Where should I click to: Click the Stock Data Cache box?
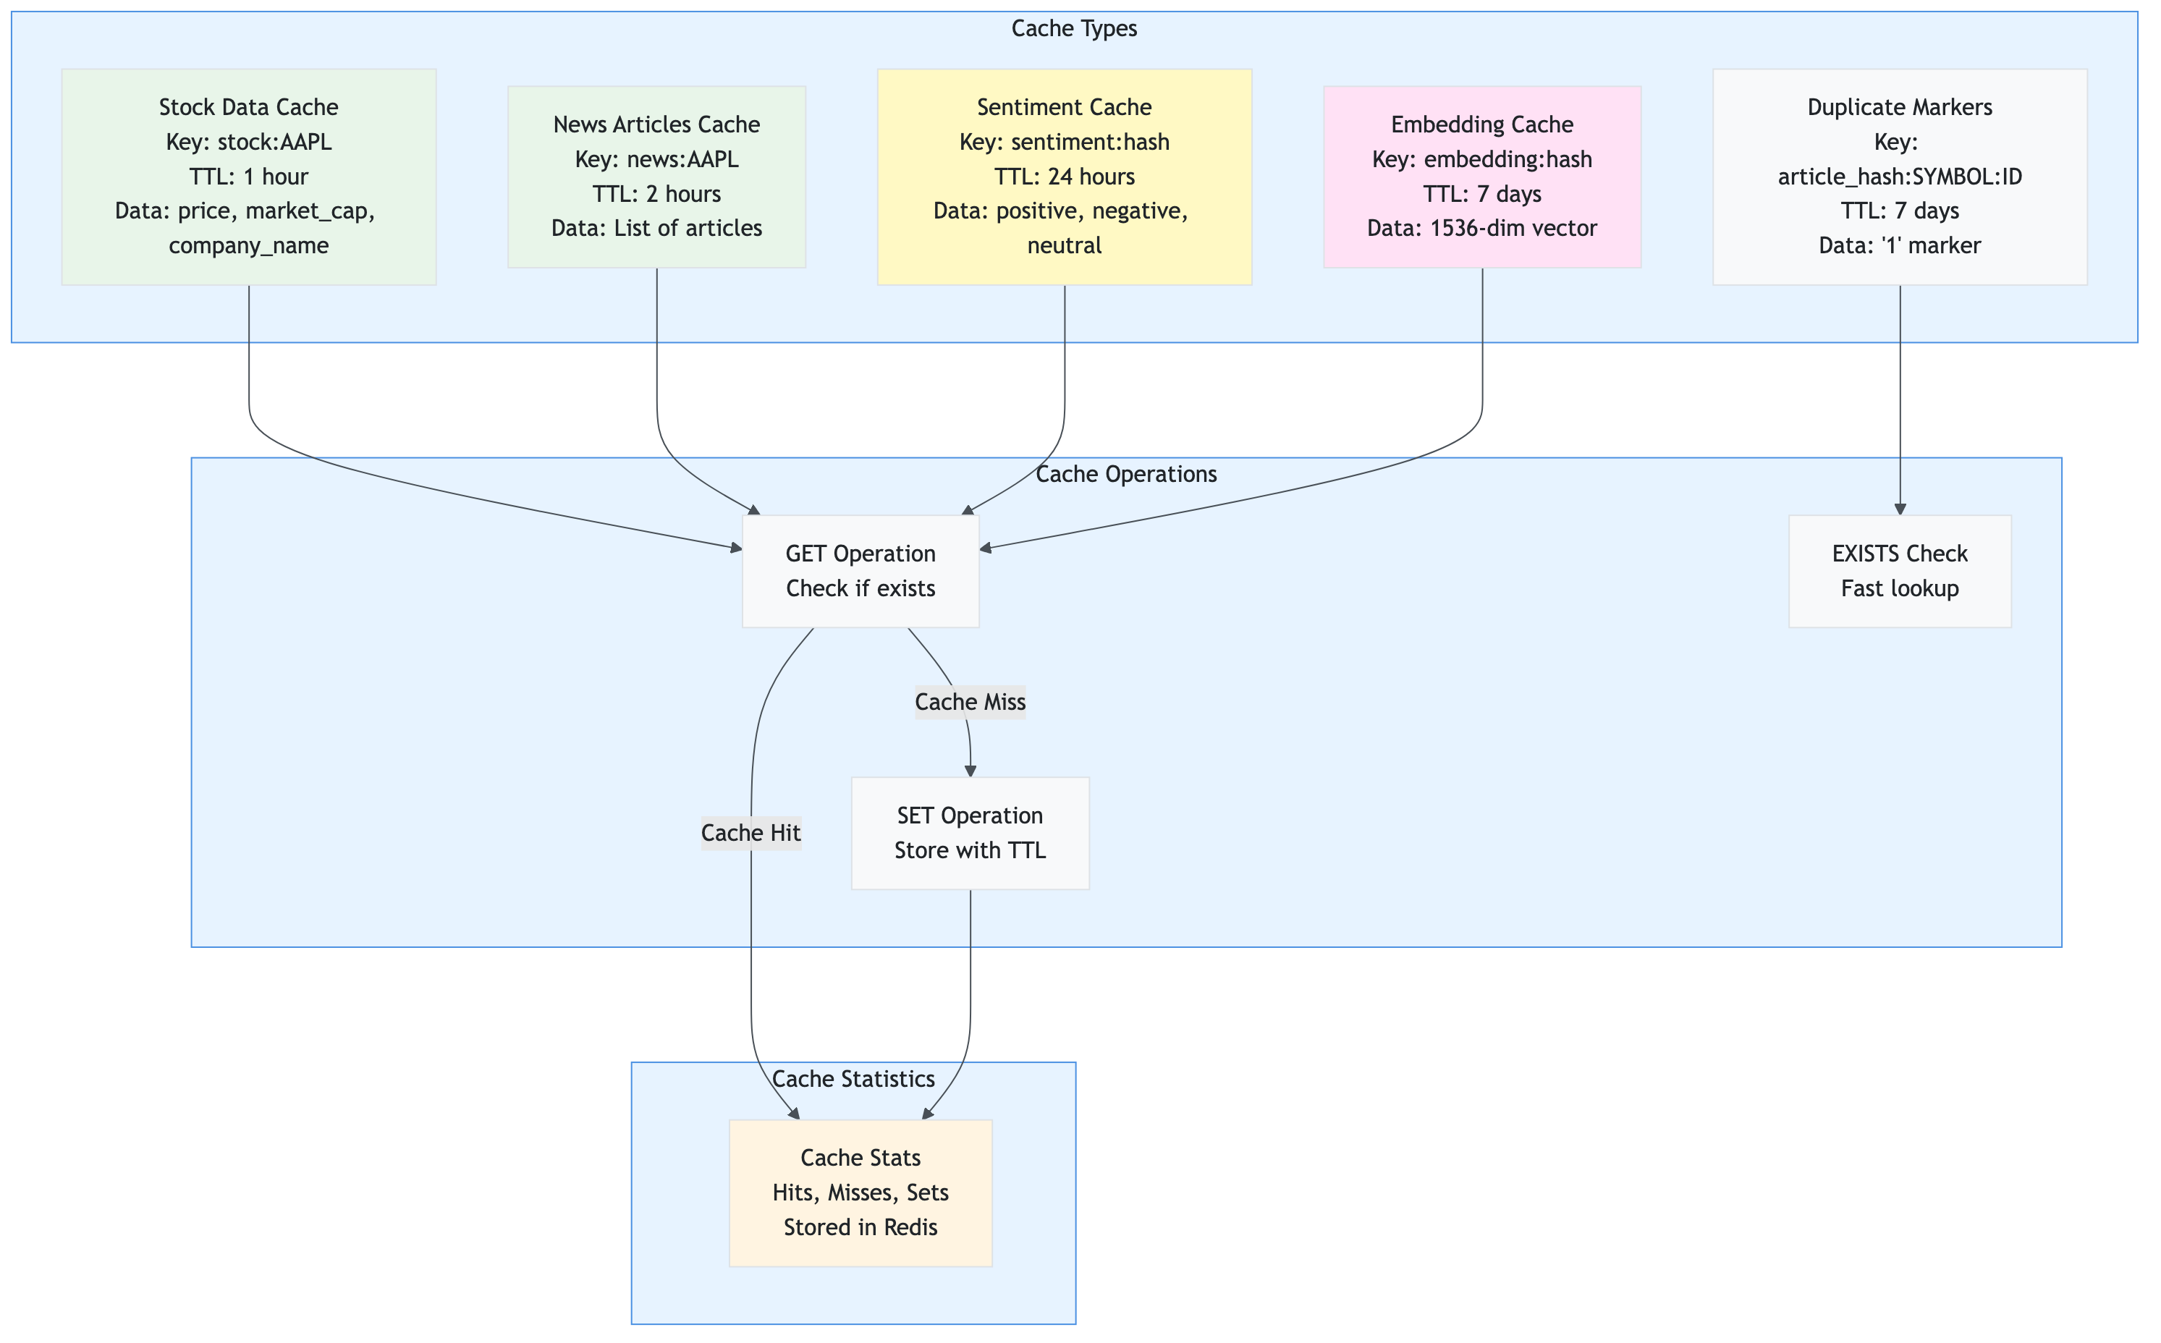(x=249, y=177)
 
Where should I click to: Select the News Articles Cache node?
(x=656, y=177)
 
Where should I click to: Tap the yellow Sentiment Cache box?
(x=1064, y=177)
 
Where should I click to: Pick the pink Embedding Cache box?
(x=1481, y=177)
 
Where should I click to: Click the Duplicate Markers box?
(x=1899, y=177)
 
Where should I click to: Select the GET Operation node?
(x=860, y=571)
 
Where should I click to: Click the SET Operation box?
(x=970, y=833)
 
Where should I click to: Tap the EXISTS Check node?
(x=1899, y=571)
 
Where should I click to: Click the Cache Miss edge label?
(x=970, y=702)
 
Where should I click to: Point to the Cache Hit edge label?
(x=750, y=833)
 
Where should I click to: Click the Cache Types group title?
(x=1074, y=28)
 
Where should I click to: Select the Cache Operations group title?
(x=1125, y=474)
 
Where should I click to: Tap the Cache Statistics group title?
(x=853, y=1078)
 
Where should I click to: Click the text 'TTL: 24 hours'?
(x=1064, y=177)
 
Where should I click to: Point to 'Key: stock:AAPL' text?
(x=249, y=142)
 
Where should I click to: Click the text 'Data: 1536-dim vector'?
(x=1481, y=228)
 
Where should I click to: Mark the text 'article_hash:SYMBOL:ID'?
(x=1899, y=177)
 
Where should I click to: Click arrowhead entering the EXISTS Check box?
(x=1900, y=509)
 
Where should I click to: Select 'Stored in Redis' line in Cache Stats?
(x=860, y=1227)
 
